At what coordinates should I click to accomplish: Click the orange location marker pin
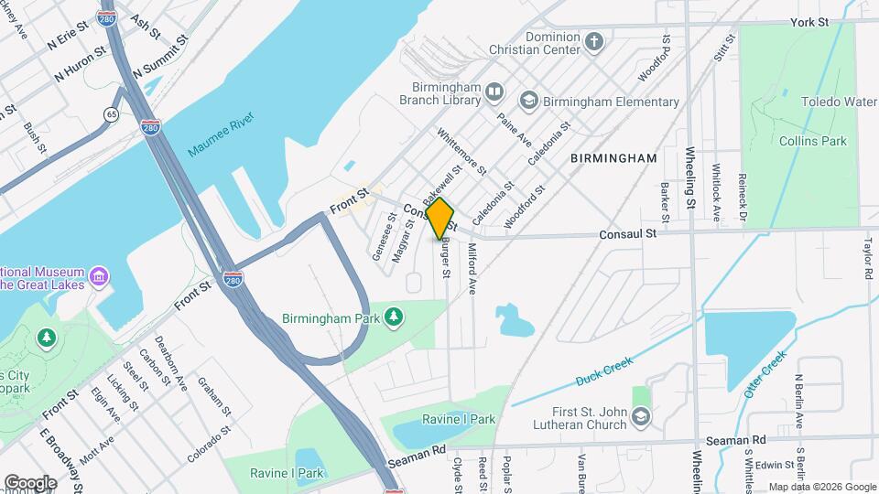click(440, 219)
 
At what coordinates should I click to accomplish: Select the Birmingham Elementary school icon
click(528, 100)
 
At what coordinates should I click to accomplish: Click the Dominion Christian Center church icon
click(594, 41)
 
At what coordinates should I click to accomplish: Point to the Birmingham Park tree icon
click(395, 316)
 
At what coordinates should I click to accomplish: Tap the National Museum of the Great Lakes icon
click(99, 275)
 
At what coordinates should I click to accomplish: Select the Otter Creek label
click(765, 373)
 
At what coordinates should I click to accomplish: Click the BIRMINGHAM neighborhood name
click(613, 158)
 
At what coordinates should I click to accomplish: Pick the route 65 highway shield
click(112, 114)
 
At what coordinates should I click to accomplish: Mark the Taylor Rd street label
click(866, 260)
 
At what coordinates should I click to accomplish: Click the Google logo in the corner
click(30, 482)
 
